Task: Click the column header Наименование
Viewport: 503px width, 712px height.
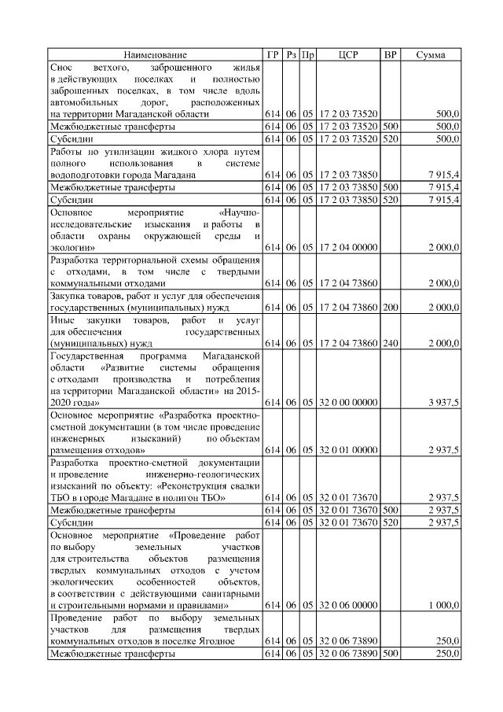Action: pos(155,55)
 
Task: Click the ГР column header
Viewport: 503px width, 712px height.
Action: pos(273,55)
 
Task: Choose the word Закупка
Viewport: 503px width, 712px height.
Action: pos(68,296)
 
